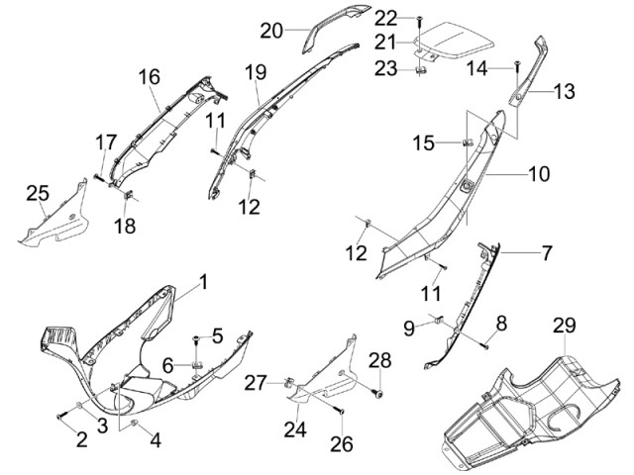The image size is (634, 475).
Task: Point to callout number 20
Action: [x=271, y=31]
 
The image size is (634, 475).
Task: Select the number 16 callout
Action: [x=149, y=77]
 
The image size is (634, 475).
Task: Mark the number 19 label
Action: [x=256, y=72]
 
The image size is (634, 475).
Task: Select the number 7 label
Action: [x=546, y=253]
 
